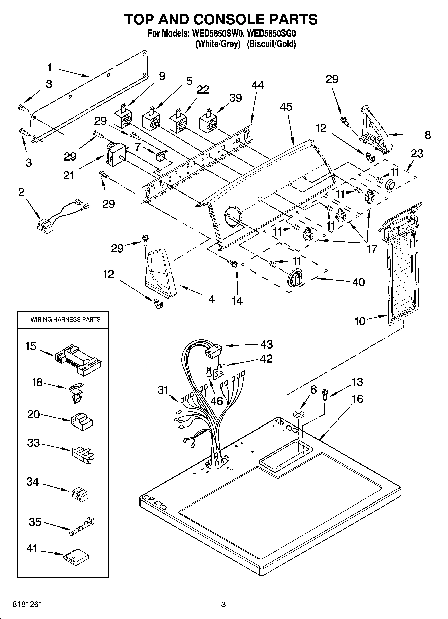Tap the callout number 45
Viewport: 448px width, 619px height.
tap(286, 107)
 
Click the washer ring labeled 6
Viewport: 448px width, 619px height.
tap(298, 414)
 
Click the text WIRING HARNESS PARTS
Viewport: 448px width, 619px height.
tap(66, 319)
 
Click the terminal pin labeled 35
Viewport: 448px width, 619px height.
tap(82, 525)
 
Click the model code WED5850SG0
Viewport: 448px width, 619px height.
tap(272, 34)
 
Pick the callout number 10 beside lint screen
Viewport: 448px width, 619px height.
tap(360, 321)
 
